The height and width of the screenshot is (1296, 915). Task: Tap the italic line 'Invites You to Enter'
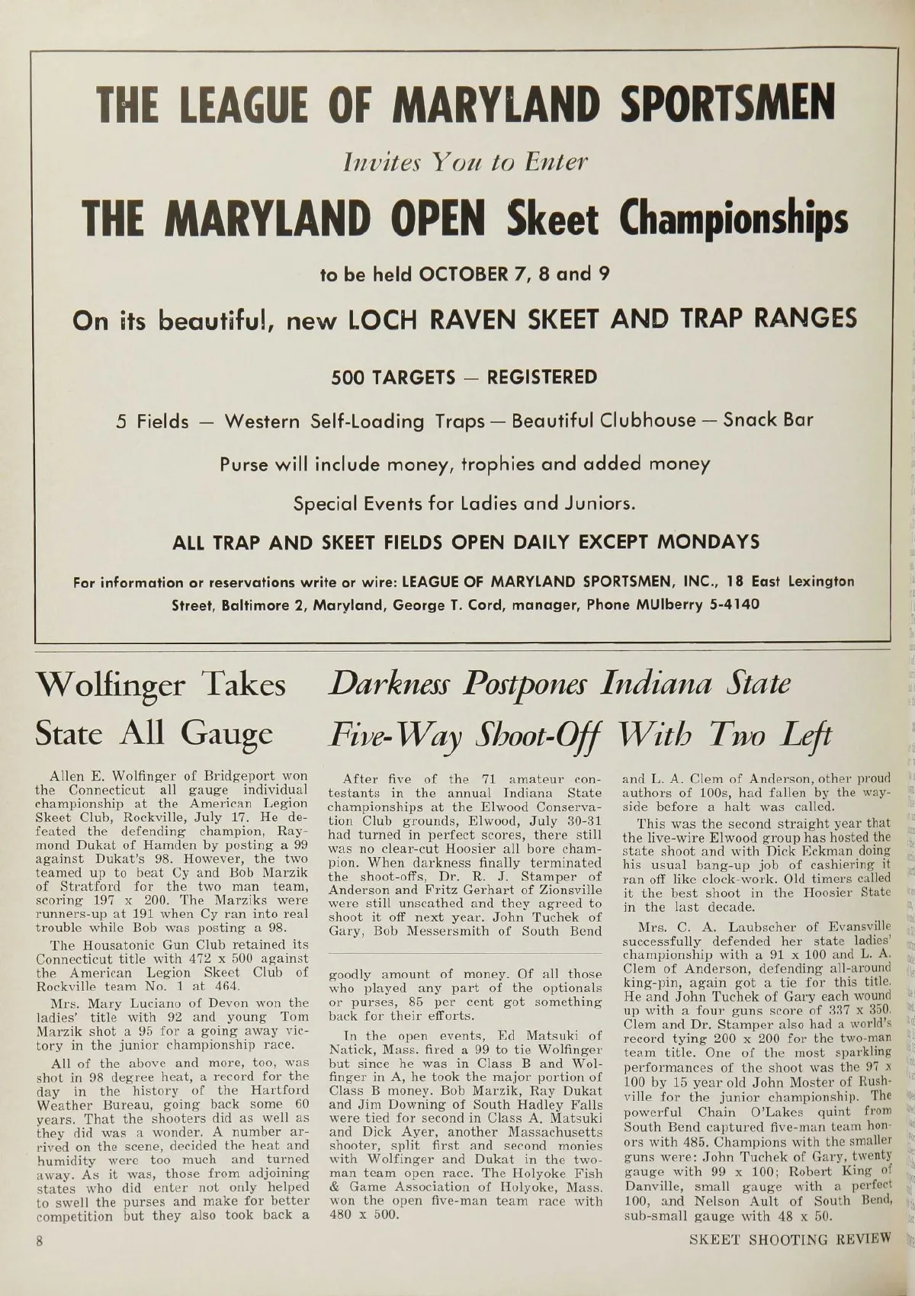[466, 162]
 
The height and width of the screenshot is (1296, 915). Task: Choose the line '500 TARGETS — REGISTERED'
[464, 377]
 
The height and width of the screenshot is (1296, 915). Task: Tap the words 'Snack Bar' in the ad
[768, 420]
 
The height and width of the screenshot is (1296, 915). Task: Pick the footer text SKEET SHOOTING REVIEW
[789, 1240]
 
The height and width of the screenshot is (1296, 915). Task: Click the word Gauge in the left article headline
[226, 733]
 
